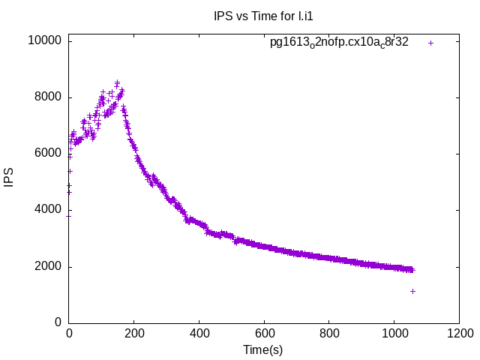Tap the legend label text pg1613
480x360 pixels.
339,43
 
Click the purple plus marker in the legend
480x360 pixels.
430,43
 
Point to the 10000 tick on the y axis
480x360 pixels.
46,40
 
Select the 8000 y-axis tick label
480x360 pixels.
49,97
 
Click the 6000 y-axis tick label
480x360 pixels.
49,154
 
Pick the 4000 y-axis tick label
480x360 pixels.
49,210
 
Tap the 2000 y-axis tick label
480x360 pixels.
49,267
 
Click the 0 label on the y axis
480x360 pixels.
58,323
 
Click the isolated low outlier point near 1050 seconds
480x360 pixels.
412,291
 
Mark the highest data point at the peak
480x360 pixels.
117,82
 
